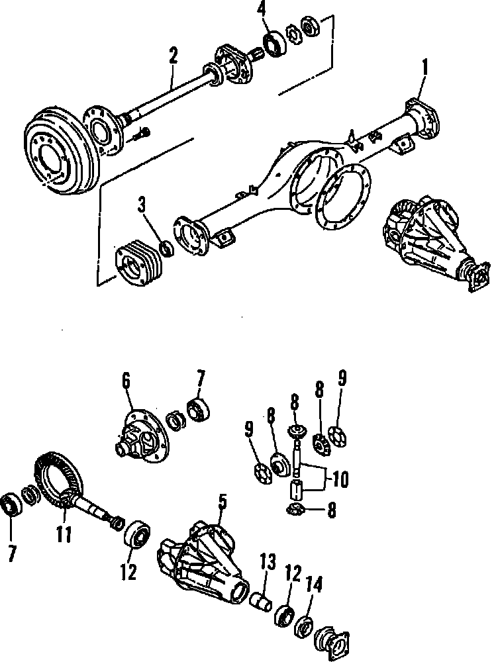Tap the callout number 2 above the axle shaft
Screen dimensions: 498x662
tap(173, 56)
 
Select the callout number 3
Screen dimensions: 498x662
tap(142, 204)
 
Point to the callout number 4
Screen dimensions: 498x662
tap(263, 11)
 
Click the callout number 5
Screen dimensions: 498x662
tap(223, 502)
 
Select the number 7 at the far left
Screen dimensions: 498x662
tap(11, 553)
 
